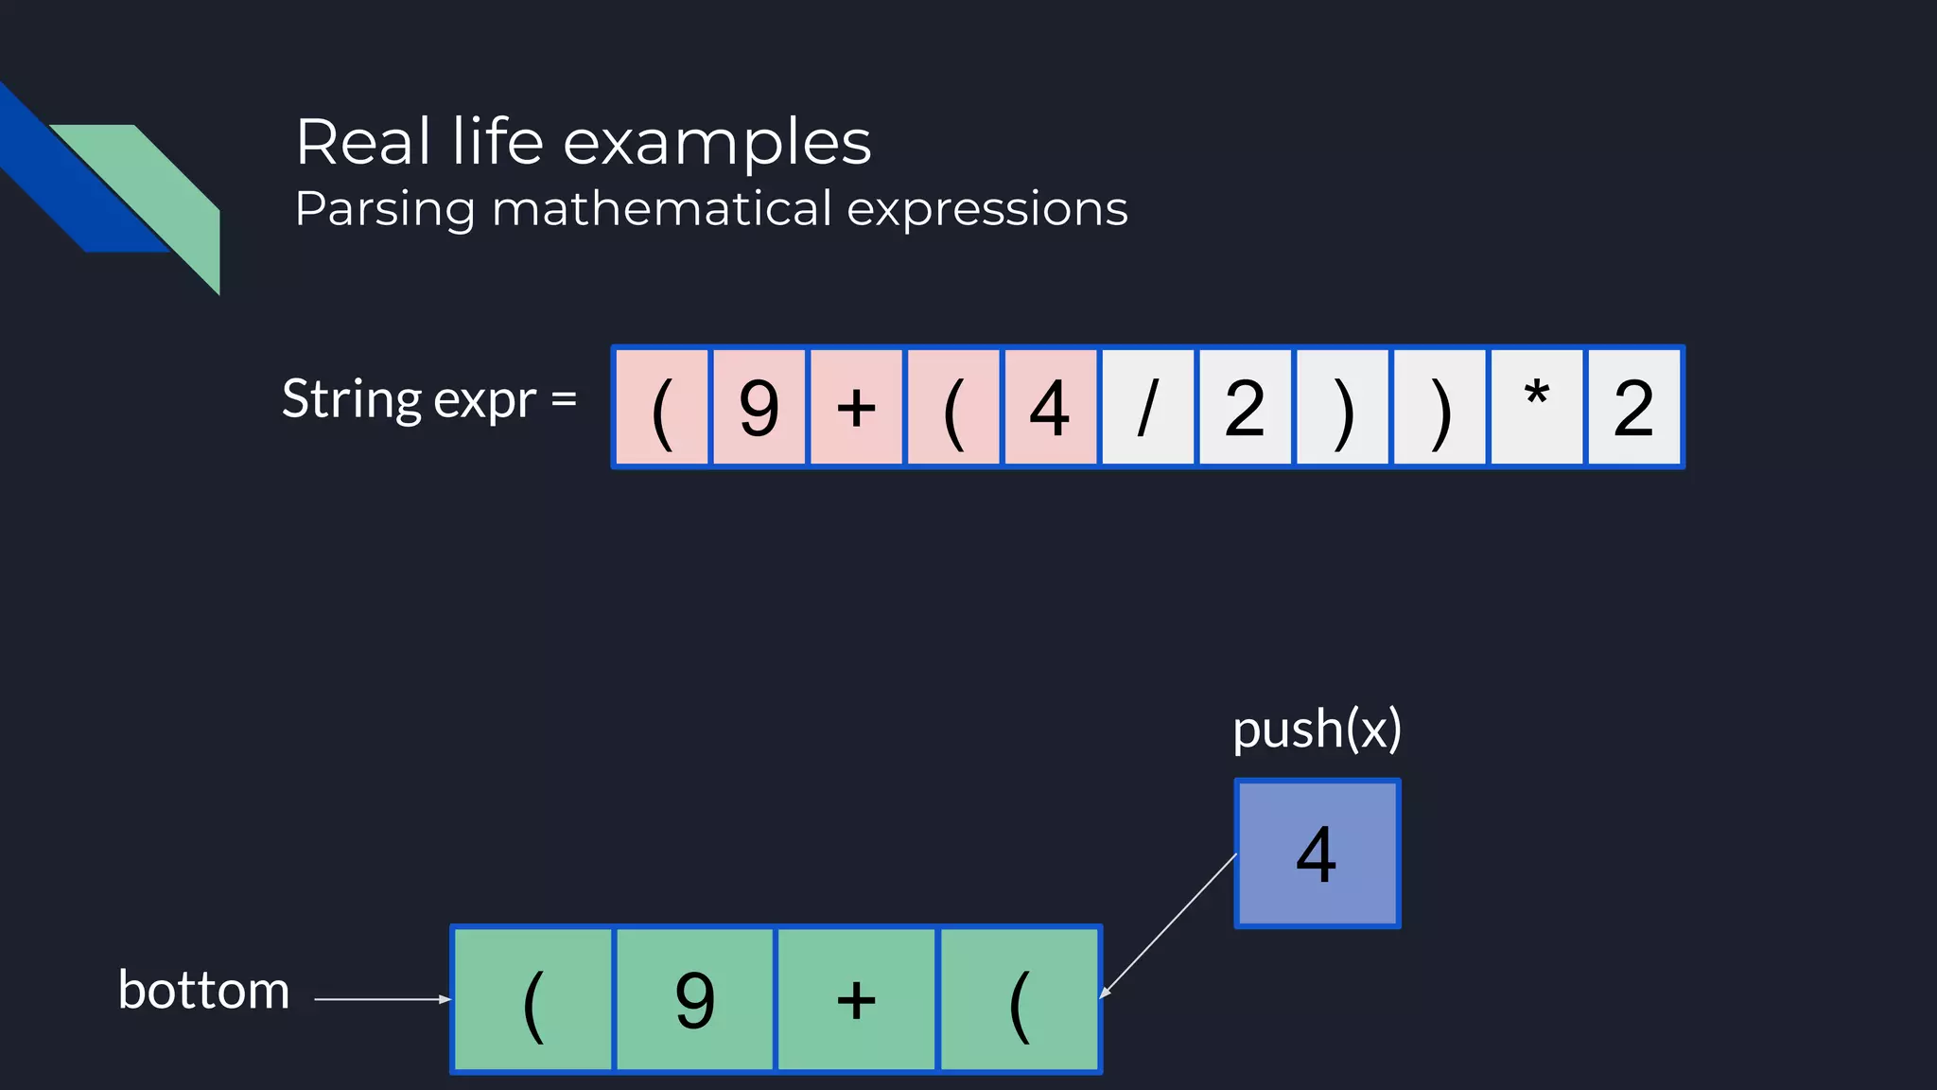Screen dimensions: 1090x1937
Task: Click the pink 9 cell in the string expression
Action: click(x=759, y=408)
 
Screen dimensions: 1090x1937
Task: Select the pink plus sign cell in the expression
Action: click(x=856, y=408)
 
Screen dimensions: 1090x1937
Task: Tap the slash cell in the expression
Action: click(x=1147, y=408)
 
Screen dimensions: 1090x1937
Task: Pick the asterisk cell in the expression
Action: click(x=1536, y=408)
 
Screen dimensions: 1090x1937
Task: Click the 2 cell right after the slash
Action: click(x=1245, y=408)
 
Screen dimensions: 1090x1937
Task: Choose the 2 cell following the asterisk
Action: click(x=1633, y=408)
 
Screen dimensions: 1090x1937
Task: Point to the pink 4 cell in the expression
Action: click(x=1050, y=408)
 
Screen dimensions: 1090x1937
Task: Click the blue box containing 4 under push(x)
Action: click(x=1317, y=853)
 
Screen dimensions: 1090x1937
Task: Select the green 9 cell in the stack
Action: click(x=695, y=999)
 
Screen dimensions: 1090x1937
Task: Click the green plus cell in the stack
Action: click(x=856, y=999)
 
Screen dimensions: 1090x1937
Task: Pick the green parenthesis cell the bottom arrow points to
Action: click(x=533, y=999)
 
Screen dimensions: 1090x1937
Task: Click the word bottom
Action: click(x=203, y=991)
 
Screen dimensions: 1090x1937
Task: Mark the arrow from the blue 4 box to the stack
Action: click(x=1169, y=924)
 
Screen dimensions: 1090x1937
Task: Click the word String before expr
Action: click(x=351, y=399)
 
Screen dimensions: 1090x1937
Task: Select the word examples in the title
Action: click(x=717, y=143)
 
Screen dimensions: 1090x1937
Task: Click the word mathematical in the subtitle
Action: click(x=662, y=208)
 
